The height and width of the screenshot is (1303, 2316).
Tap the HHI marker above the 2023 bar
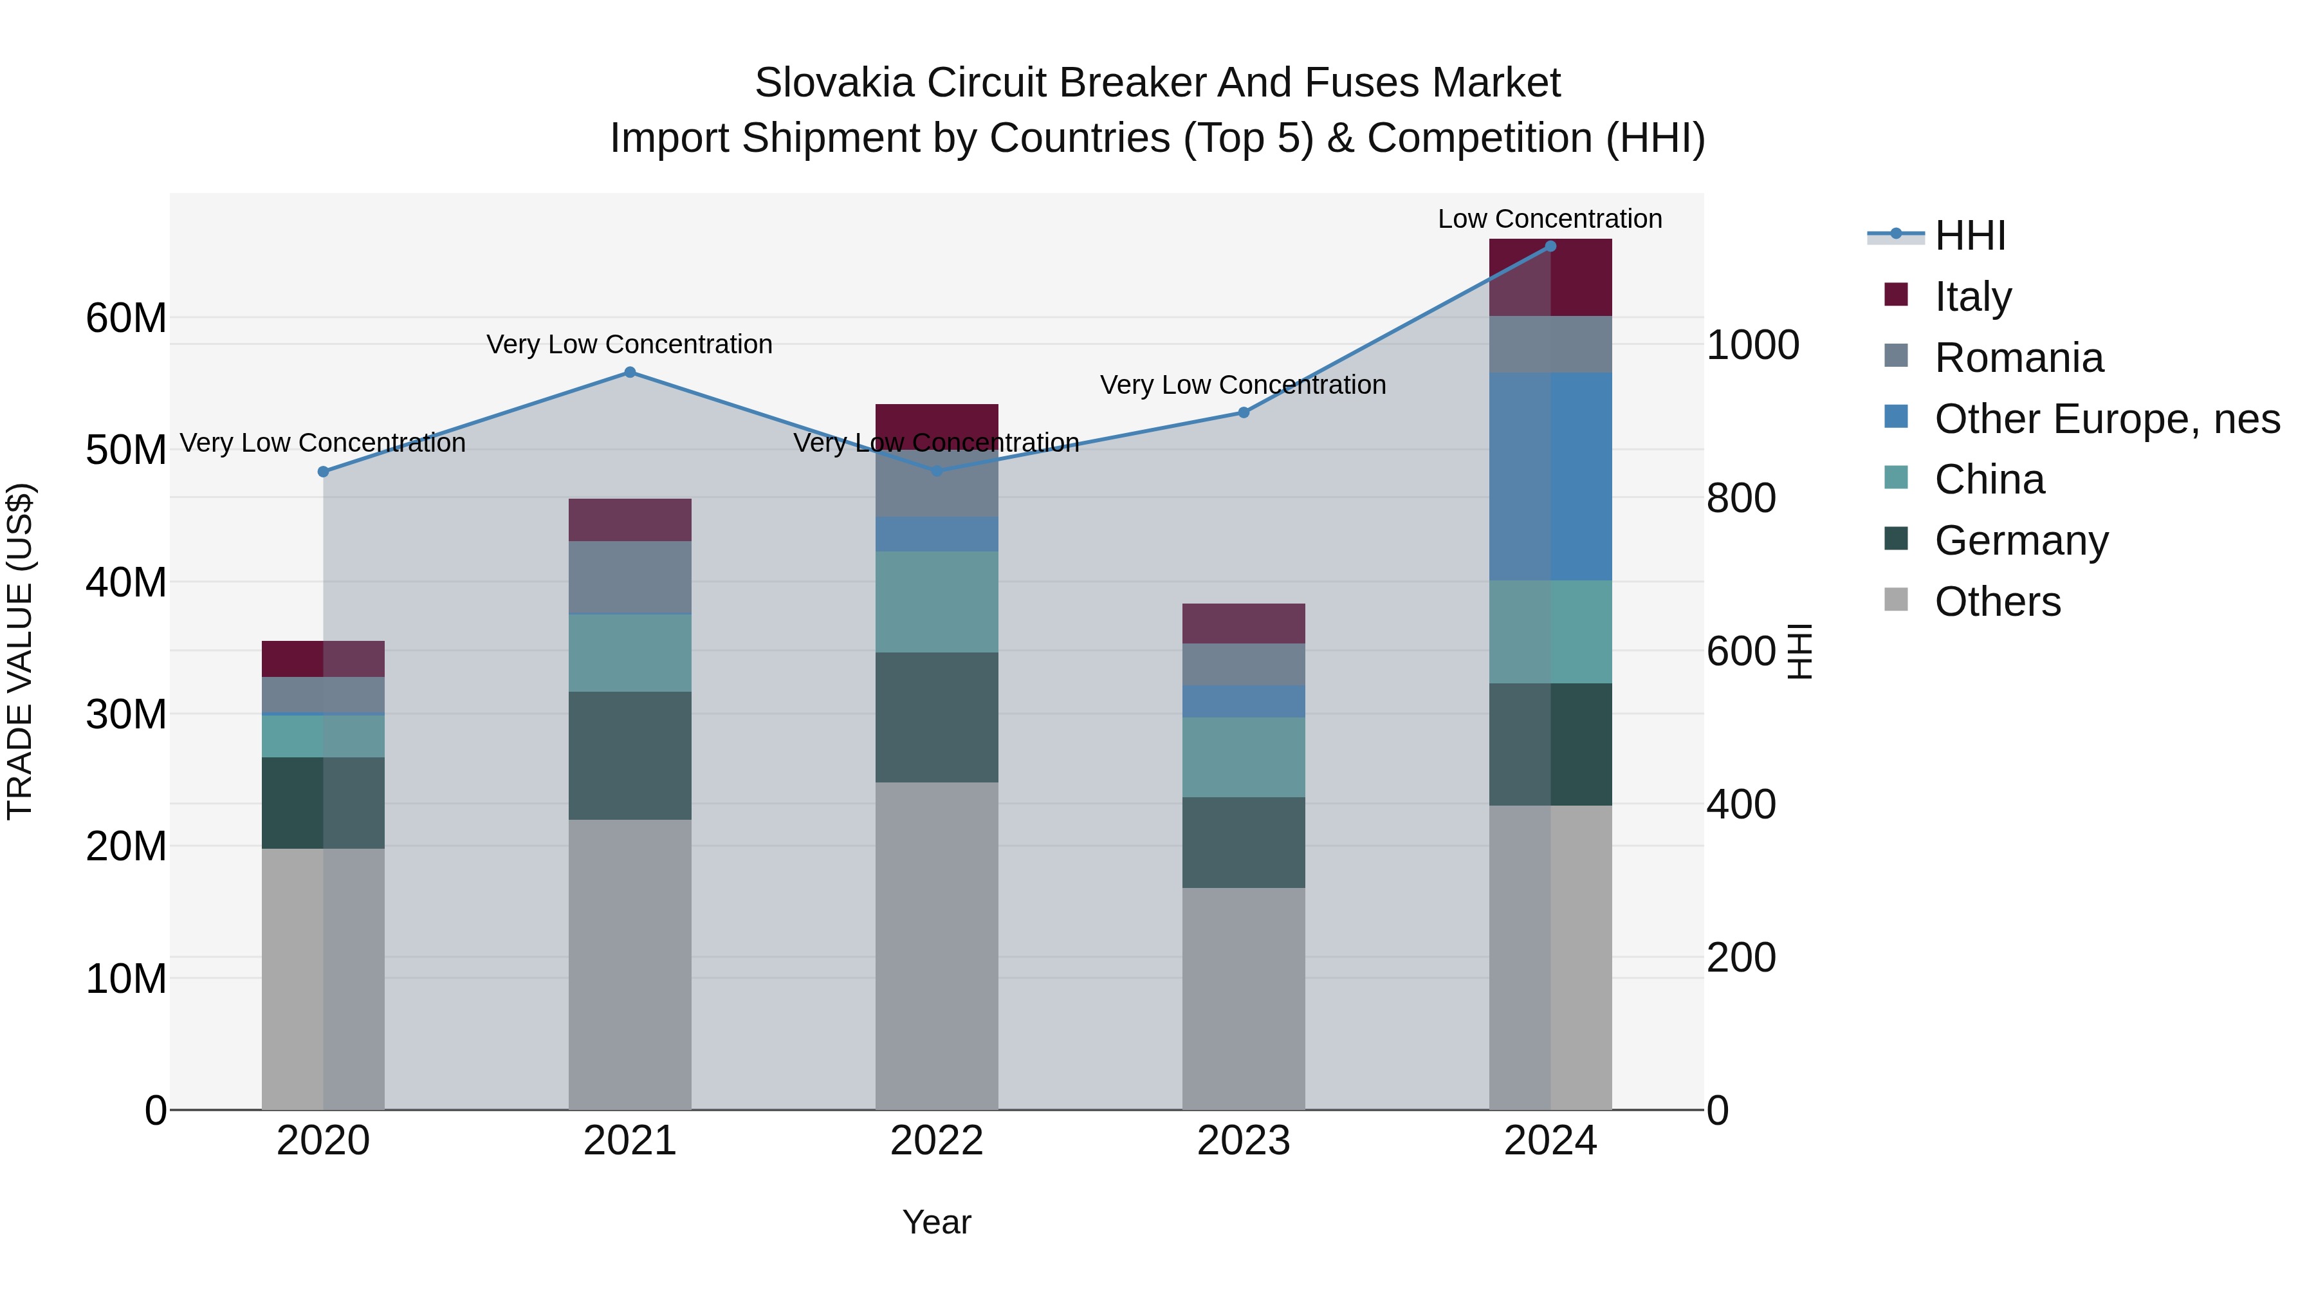(1244, 412)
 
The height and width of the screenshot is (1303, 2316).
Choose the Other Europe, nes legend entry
(2106, 419)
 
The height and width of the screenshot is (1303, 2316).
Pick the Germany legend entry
(2021, 541)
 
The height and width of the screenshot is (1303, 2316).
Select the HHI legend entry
(1969, 236)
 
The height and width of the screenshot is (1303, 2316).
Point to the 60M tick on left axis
(126, 319)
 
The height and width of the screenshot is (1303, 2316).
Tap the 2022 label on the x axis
(936, 1141)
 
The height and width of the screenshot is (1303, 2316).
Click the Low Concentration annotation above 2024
(1549, 219)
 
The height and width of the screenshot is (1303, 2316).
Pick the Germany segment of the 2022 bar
(936, 717)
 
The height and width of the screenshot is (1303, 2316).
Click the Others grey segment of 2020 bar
(323, 978)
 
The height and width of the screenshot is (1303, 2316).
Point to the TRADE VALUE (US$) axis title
(20, 651)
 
